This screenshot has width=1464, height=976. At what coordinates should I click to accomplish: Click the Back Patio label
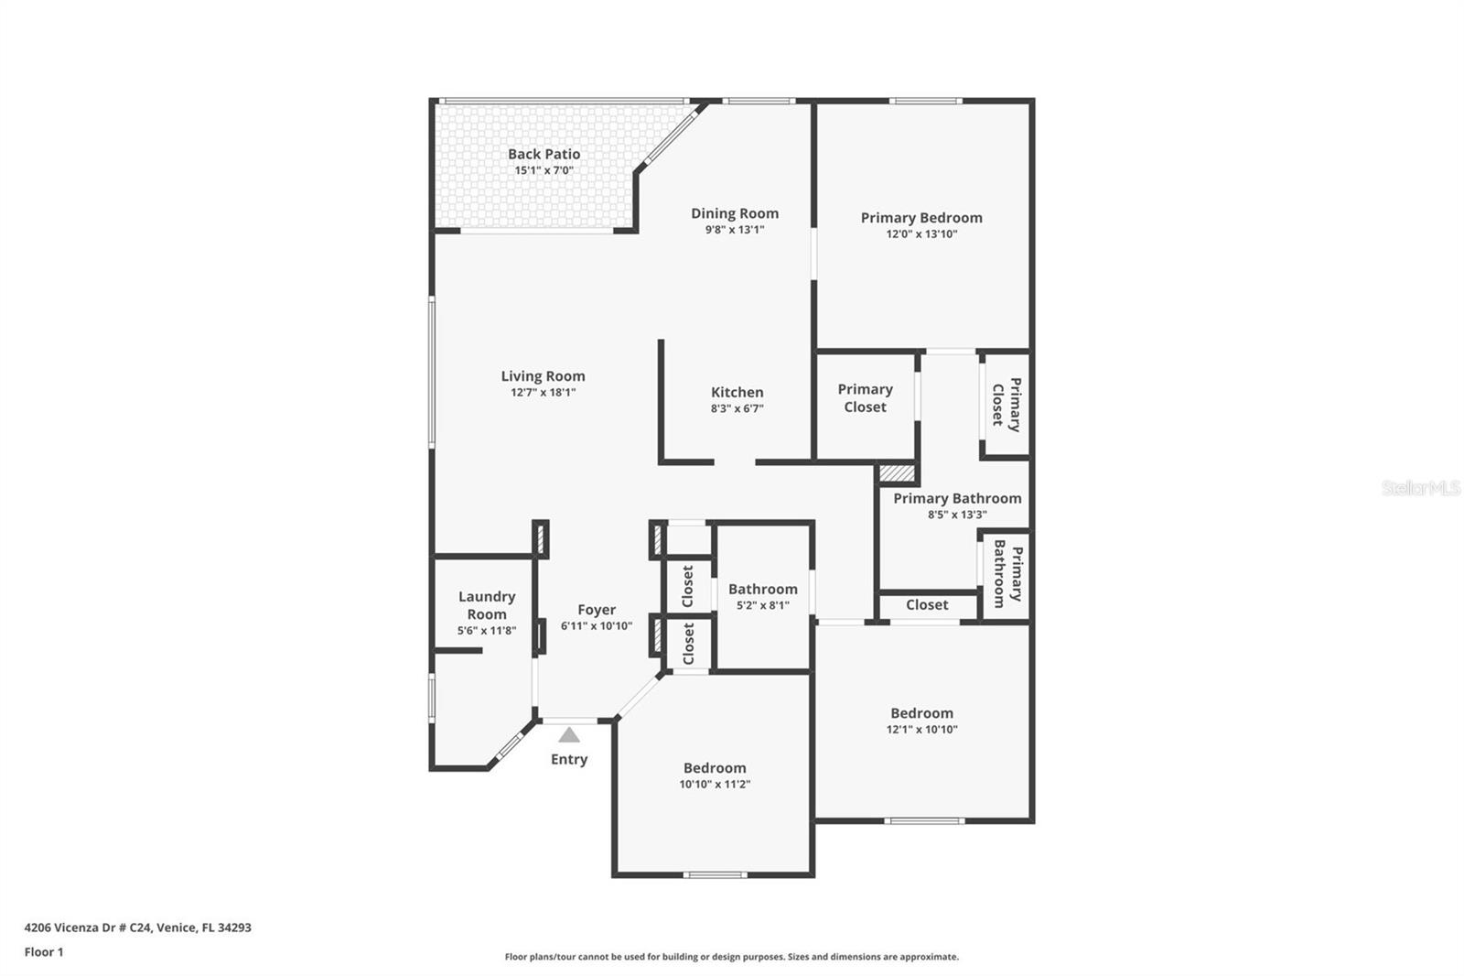tap(544, 154)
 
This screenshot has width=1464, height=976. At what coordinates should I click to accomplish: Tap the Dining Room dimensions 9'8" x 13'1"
tap(734, 230)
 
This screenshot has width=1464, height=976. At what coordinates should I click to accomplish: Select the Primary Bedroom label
tap(920, 217)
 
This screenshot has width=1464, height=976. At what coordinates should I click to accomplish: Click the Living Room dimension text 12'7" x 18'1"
tap(543, 392)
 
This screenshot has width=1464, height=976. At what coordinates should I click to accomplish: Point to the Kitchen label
tap(737, 392)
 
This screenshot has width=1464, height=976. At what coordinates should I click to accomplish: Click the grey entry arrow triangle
tap(569, 734)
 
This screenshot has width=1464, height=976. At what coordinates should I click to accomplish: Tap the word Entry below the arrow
tap(568, 759)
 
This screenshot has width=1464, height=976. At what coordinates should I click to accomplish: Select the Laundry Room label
tap(486, 605)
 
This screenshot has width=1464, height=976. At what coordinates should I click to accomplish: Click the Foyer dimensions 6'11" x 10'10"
tap(596, 626)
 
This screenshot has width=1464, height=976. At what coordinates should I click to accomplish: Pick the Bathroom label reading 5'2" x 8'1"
tap(762, 589)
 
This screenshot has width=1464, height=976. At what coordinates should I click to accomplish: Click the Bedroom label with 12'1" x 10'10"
tap(921, 713)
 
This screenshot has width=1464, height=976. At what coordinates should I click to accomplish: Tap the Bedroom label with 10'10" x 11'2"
tap(714, 768)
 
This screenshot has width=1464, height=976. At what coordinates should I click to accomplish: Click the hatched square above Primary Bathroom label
tap(897, 473)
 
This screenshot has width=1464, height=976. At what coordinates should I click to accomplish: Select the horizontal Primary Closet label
tap(865, 398)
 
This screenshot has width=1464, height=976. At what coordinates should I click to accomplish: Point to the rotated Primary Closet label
tap(1006, 404)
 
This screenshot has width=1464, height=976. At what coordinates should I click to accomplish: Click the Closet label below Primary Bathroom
tap(927, 604)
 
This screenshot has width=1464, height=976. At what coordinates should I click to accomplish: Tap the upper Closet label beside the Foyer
tap(688, 586)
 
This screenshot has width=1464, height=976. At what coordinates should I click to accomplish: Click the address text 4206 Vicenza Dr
tap(137, 927)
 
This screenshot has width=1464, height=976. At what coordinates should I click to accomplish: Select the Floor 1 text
tap(44, 952)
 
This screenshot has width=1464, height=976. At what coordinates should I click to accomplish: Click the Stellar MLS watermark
tap(1420, 488)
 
